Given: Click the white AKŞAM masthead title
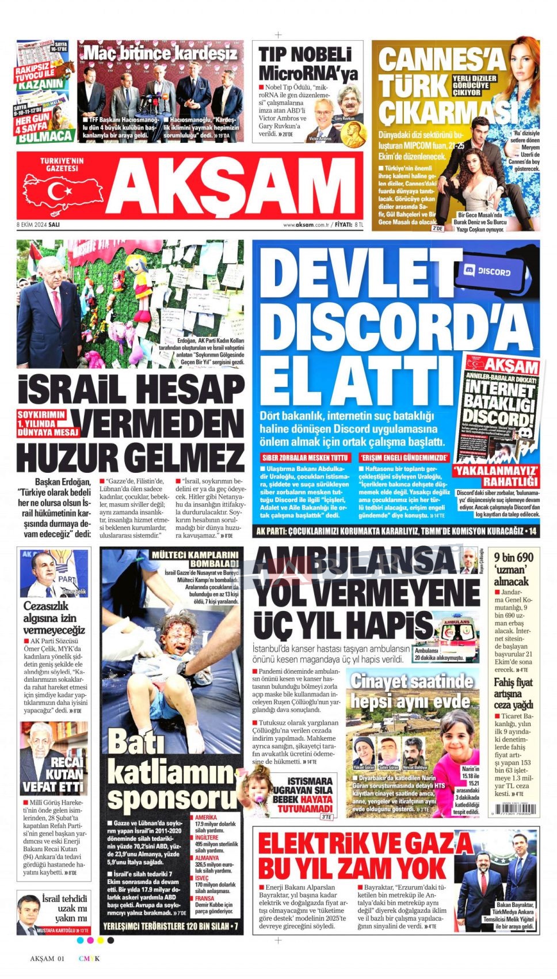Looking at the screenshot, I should point(233,185).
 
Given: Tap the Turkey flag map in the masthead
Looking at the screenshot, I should point(60,190).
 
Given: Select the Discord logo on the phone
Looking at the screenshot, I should point(494,271).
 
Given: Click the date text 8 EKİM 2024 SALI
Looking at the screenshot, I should point(39,225).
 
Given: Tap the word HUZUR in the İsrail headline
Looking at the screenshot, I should point(67,458).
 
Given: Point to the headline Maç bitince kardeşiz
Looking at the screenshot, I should point(161,54).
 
